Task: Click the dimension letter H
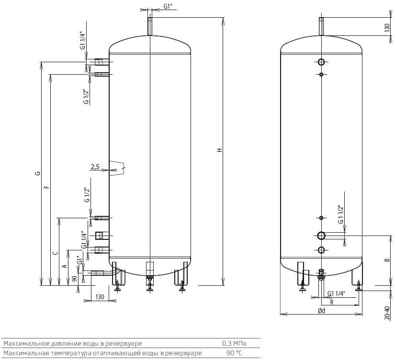coord(220,150)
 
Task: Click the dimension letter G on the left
coord(37,173)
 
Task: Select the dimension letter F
coord(46,187)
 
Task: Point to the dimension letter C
coord(56,253)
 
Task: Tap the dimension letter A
coord(65,266)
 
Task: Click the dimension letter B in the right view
coord(387,260)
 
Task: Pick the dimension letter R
coord(332,302)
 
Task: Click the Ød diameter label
coord(321,311)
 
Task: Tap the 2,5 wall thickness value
coord(95,167)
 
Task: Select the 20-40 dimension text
coord(387,313)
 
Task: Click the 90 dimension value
coord(74,279)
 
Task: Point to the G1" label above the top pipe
coord(168,6)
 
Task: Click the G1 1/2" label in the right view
coord(340,214)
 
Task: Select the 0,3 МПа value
coord(234,343)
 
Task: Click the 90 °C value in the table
coord(234,353)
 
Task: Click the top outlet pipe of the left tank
coord(150,26)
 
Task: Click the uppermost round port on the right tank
coord(321,62)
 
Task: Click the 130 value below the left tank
coord(100,297)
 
